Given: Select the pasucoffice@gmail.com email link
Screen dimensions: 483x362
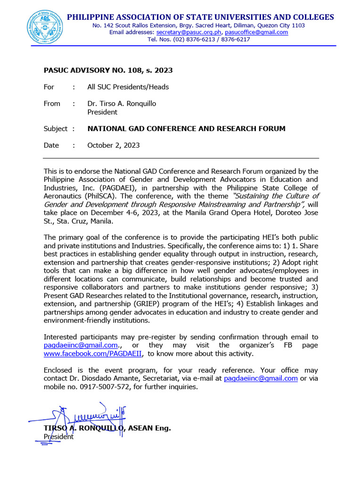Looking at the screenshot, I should click(x=256, y=33).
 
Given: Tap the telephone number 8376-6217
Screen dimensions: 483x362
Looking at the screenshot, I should click(x=234, y=40).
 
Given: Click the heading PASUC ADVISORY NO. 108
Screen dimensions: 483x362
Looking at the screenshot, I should click(x=108, y=70).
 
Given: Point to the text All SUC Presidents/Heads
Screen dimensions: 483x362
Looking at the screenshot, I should click(x=128, y=87).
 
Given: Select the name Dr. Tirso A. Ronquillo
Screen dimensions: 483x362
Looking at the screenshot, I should click(x=122, y=103).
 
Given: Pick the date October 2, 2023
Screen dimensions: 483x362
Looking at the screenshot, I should click(x=113, y=145).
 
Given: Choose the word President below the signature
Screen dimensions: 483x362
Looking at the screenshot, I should click(x=58, y=437).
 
